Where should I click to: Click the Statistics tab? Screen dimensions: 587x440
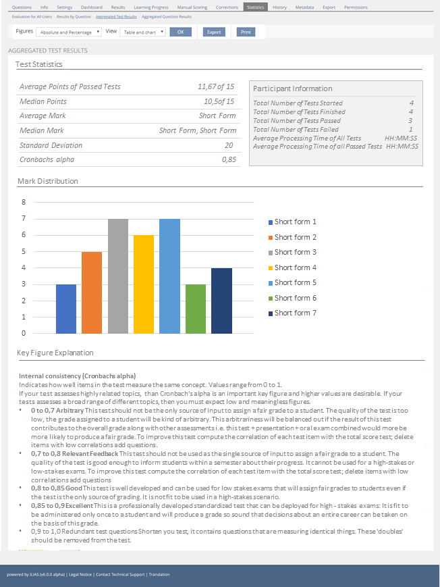coord(256,7)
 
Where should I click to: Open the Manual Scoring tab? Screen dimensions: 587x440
coord(192,7)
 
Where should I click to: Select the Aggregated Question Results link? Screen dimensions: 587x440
coord(167,16)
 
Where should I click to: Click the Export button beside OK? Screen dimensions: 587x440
coord(214,32)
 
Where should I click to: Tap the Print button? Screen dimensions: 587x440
coord(246,32)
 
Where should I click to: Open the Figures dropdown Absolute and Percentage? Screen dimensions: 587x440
coord(70,32)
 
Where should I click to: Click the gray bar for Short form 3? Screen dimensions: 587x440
coord(118,276)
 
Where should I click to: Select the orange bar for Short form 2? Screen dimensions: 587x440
coord(92,292)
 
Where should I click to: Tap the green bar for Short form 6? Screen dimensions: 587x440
coord(196,309)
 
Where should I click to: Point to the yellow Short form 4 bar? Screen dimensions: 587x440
coord(144,284)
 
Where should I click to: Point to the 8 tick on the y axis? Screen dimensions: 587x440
coord(23,202)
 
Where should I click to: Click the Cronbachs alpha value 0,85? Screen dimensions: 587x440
coord(228,160)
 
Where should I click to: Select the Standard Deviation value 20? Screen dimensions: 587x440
coord(229,145)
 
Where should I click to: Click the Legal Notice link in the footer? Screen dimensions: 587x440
coord(78,574)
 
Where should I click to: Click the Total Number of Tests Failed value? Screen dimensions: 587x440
coord(411,129)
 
